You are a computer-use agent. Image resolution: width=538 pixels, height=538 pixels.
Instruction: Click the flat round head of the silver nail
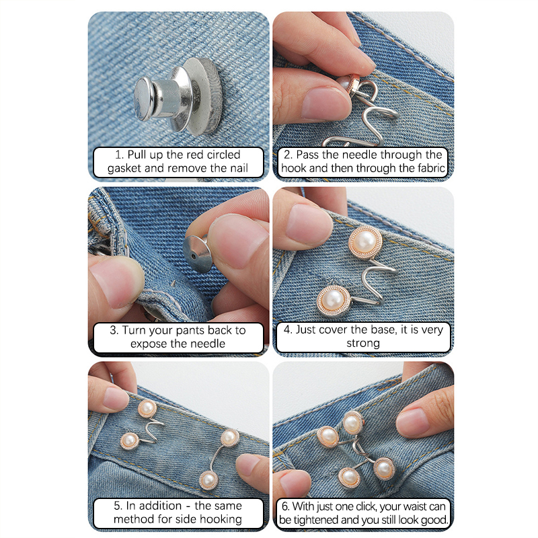144,99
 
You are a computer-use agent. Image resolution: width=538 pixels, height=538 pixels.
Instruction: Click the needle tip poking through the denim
174,283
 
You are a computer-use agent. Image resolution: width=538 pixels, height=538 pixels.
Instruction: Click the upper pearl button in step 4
365,241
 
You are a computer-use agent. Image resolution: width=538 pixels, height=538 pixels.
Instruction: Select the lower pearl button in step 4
334,300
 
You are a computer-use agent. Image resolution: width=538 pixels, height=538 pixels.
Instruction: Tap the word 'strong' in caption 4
363,343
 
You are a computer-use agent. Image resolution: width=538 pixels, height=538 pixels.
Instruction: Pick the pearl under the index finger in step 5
147,408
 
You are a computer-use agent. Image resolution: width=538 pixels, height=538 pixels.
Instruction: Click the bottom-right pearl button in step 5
208,479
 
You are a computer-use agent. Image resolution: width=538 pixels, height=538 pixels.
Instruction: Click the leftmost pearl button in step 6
328,436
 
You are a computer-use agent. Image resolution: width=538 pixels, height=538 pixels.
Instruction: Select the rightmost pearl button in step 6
384,468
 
